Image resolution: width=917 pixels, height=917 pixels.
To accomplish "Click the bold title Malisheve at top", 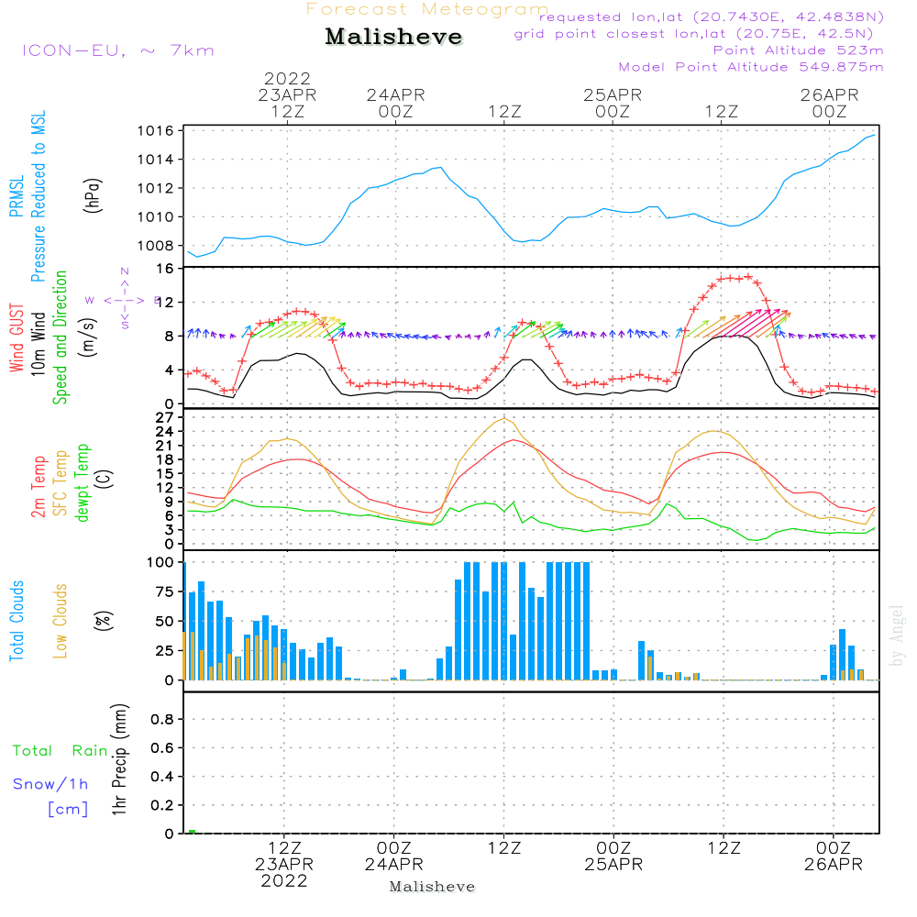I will (x=393, y=38).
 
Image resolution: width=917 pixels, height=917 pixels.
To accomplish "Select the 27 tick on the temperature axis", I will (x=166, y=417).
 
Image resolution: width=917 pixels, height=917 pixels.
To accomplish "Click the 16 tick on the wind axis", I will (x=166, y=269).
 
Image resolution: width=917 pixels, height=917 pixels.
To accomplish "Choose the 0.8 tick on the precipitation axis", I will (x=162, y=719).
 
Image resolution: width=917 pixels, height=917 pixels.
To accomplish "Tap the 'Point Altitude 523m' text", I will (x=798, y=50).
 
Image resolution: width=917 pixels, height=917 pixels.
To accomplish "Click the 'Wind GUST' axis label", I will (x=17, y=340).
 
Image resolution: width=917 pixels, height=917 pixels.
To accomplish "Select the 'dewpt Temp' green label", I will (x=83, y=483).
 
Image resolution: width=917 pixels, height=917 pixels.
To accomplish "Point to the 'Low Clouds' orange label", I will (x=61, y=621).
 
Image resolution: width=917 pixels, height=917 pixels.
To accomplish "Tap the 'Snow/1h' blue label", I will (x=50, y=784).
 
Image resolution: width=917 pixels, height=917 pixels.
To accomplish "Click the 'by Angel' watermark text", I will (x=896, y=635).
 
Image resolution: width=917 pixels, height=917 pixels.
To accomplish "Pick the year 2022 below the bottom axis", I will (x=284, y=881).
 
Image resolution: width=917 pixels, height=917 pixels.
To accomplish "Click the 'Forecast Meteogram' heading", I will (x=426, y=9).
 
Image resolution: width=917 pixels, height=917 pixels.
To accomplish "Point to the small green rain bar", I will (x=193, y=832).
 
